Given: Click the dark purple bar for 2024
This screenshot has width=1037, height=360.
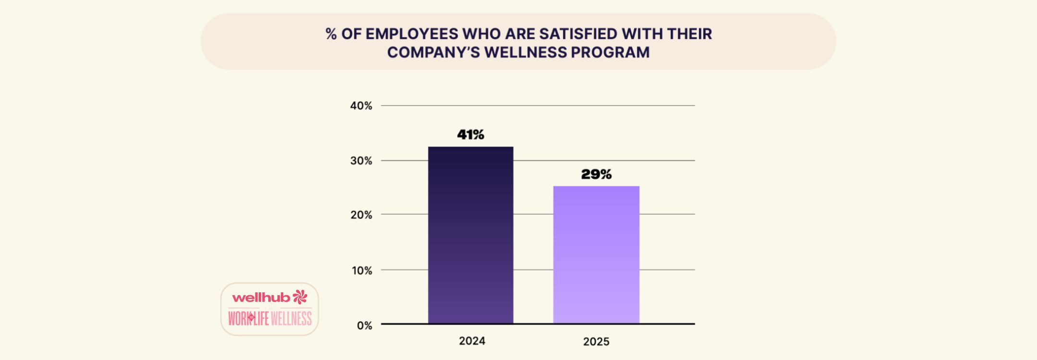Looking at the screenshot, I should tap(470, 235).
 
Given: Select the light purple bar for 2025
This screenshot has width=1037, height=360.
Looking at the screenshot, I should tap(596, 255).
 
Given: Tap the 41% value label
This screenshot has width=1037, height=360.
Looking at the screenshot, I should tap(470, 135).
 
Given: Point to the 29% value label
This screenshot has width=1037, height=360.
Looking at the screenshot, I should tap(596, 175).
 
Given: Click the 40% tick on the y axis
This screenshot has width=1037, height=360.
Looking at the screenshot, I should tap(361, 106).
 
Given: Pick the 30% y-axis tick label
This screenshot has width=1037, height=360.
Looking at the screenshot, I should tap(361, 161).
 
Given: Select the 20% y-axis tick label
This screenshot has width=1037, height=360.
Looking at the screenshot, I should tap(361, 215).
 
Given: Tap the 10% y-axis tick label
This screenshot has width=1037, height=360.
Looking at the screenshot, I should tap(362, 270).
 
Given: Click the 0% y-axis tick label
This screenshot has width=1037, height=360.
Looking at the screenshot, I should tap(364, 325).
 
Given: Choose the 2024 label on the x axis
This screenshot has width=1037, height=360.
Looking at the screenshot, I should tap(472, 341).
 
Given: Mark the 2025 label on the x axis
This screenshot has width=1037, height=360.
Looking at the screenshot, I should tap(596, 342).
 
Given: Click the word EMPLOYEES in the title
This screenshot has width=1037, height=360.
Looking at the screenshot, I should tap(411, 34).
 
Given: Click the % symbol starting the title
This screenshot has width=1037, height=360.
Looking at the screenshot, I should tap(331, 34).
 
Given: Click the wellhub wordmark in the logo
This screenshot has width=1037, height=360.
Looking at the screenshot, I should tap(261, 298).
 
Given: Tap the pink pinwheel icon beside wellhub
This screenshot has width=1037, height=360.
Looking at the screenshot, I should tap(300, 297).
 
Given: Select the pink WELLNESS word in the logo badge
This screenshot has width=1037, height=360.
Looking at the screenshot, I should tap(291, 318).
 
